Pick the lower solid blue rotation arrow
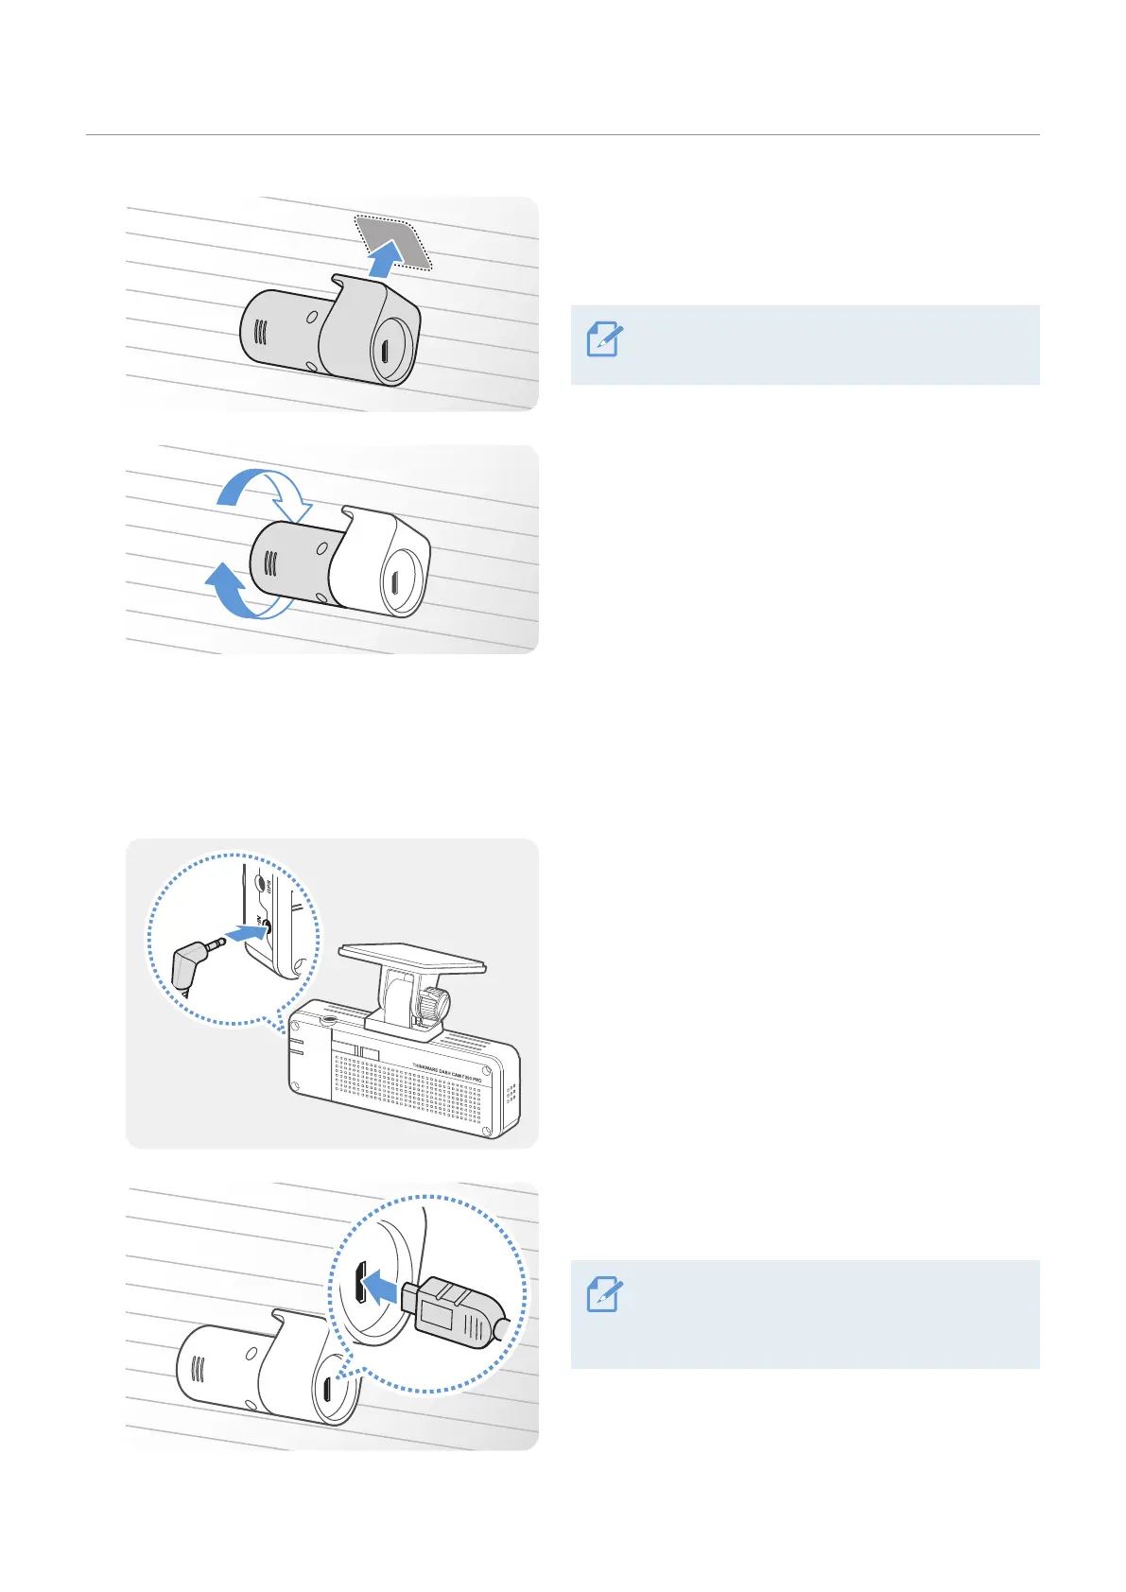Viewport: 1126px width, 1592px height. point(231,592)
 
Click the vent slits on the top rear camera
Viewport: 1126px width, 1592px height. point(262,333)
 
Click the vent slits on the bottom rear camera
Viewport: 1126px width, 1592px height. point(199,1370)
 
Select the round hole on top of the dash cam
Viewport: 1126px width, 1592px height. point(328,1020)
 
